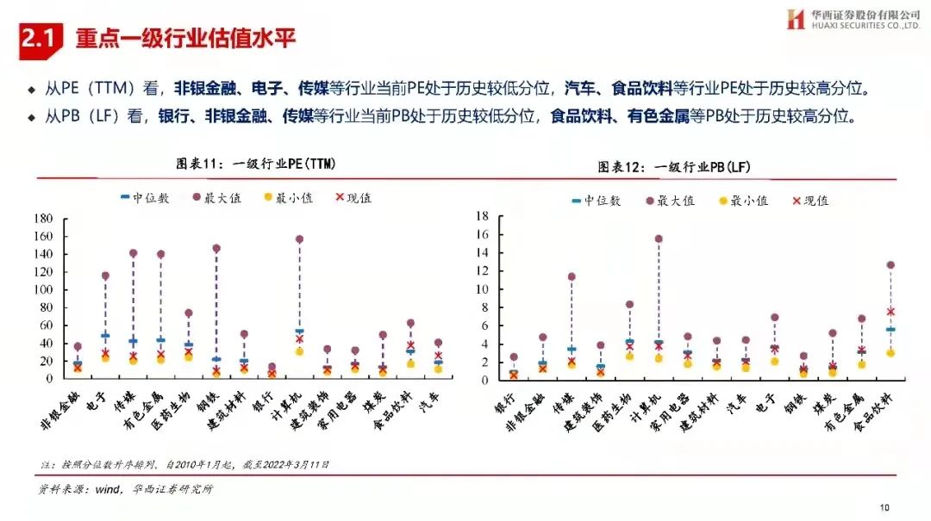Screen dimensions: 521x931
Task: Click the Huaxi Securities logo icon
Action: coord(795,19)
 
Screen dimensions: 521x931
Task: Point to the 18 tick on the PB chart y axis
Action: coord(484,215)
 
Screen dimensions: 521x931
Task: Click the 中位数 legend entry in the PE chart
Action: coord(144,198)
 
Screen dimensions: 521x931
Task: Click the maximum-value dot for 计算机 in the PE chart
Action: coord(300,239)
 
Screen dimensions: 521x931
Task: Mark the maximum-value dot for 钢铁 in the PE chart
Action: coord(216,248)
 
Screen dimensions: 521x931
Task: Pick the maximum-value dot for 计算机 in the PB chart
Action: coord(659,239)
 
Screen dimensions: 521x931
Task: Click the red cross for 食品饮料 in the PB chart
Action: coord(890,312)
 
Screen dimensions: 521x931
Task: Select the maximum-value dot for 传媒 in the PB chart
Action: coord(572,276)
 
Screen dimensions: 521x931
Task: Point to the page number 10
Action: coord(884,506)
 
